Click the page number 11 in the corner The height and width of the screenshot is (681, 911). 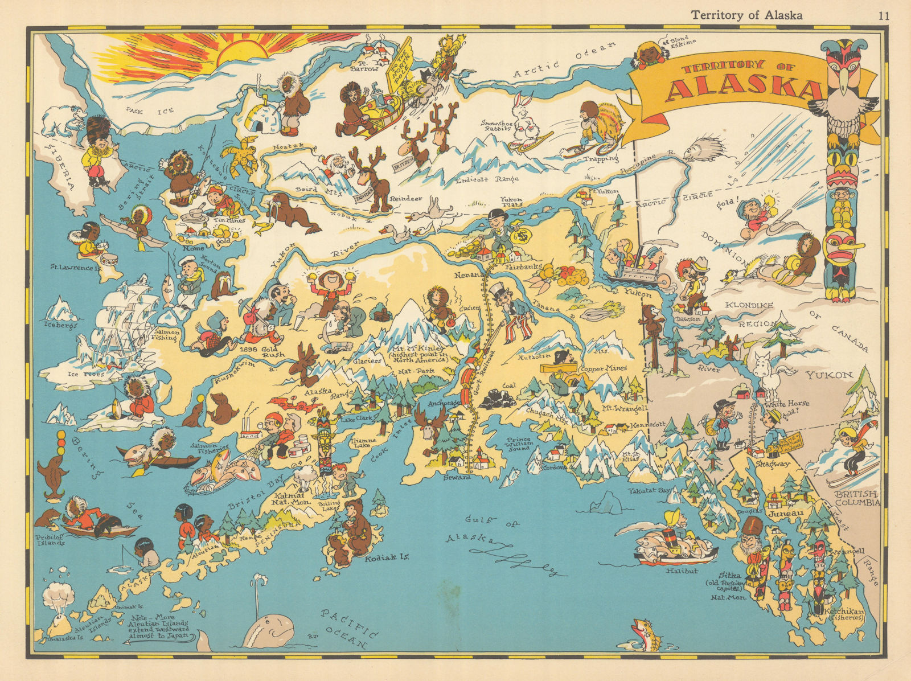tap(883, 15)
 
